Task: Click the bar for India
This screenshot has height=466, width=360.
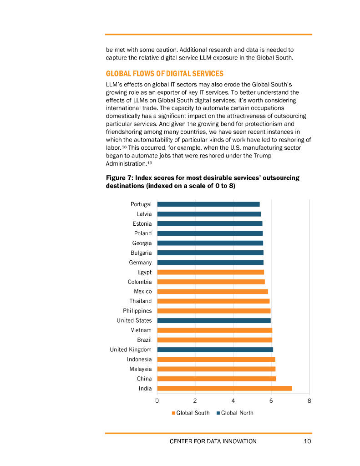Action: point(224,388)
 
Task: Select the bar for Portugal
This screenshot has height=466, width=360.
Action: point(208,204)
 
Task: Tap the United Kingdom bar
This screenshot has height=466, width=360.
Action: point(215,349)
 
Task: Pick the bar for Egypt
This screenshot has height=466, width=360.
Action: point(210,272)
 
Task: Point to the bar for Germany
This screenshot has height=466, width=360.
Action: point(210,263)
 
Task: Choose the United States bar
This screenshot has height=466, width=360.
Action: point(213,320)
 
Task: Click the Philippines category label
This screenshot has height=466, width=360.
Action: point(137,311)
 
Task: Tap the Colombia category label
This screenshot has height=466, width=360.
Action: point(140,282)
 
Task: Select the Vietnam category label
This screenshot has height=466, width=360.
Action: point(141,330)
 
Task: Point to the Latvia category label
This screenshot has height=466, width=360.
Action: point(144,214)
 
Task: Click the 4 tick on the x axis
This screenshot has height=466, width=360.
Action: point(233,401)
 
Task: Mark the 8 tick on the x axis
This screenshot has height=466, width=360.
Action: point(309,401)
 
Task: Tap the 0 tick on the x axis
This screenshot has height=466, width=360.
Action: point(157,401)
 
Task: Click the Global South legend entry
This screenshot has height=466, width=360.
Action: point(190,413)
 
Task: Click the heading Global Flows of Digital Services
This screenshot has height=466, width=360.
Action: point(165,74)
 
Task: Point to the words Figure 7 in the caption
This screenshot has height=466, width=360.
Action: point(118,178)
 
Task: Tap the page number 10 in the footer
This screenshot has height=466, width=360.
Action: point(307,441)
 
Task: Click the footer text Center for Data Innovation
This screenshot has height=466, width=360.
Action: point(213,441)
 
